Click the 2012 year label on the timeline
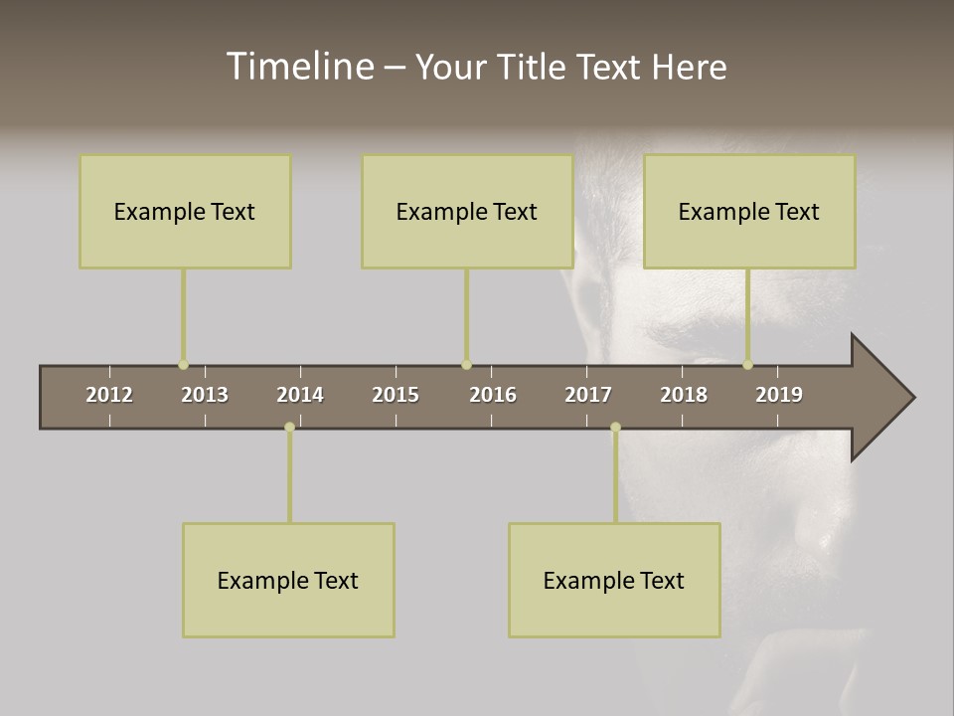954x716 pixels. [x=109, y=395]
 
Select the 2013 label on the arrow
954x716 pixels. [x=205, y=395]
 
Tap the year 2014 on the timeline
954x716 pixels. [x=300, y=395]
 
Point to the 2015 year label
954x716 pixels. [x=396, y=395]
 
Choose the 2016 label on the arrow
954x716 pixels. [x=493, y=395]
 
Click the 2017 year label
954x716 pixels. [x=588, y=395]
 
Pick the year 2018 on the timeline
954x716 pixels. [x=684, y=395]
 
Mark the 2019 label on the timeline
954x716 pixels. [x=779, y=395]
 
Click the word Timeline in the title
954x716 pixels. [x=299, y=67]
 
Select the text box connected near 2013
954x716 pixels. [x=185, y=211]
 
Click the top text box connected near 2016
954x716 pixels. [x=466, y=211]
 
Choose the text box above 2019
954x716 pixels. [x=749, y=211]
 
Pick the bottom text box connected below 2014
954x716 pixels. [x=288, y=580]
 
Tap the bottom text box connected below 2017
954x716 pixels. [x=614, y=580]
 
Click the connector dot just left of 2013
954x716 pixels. [x=183, y=365]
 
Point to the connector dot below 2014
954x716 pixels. [x=289, y=427]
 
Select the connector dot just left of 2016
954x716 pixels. [x=466, y=365]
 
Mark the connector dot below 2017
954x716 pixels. [x=615, y=427]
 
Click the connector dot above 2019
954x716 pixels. [x=747, y=365]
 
